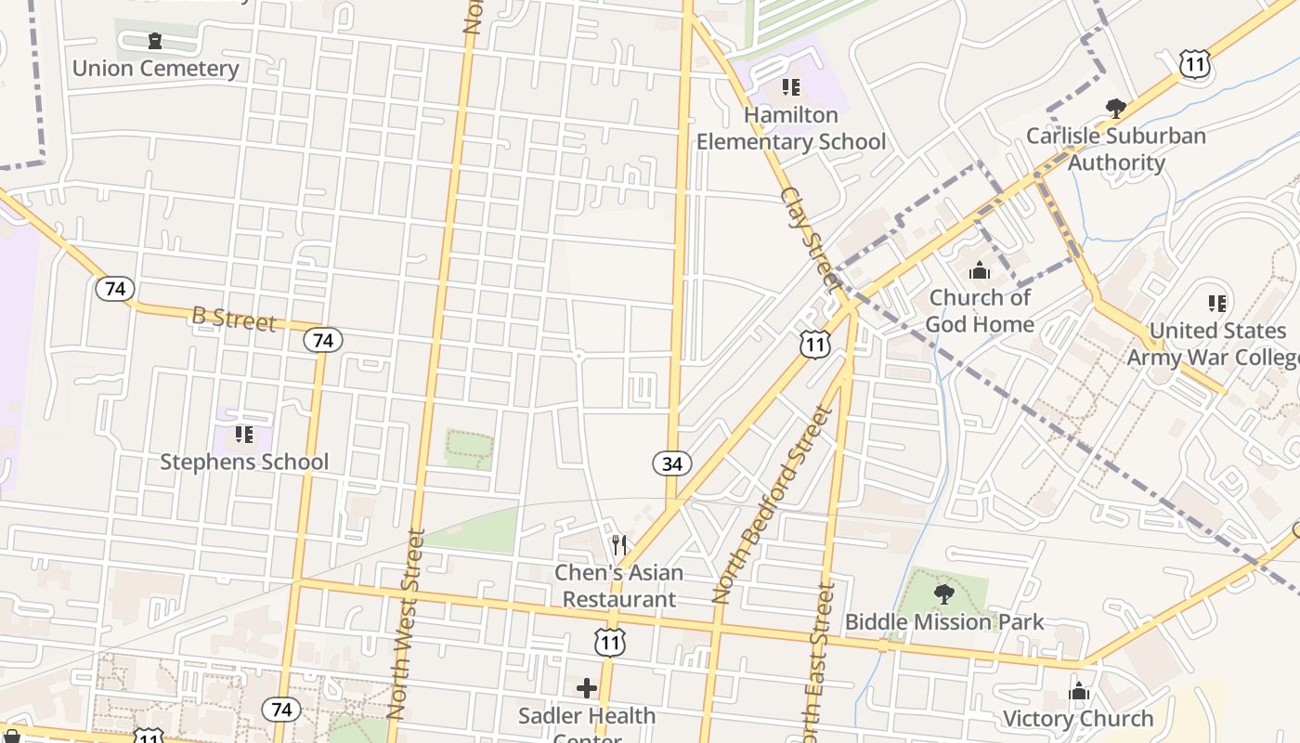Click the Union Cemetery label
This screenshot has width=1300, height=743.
coord(155,69)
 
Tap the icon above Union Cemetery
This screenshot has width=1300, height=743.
coord(155,41)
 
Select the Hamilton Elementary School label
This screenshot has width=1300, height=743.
coord(791,129)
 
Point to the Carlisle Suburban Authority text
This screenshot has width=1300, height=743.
coord(1115,149)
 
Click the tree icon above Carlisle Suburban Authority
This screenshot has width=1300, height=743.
coord(1115,108)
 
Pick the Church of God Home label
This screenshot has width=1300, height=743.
coord(980,311)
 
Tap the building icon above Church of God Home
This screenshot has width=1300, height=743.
coord(979,271)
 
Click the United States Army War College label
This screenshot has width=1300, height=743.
coord(1217,345)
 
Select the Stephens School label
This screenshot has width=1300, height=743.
coord(244,462)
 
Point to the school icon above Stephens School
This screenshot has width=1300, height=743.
coord(244,434)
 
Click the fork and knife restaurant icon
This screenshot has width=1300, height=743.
coord(619,544)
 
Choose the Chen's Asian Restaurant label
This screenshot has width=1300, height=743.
coord(619,586)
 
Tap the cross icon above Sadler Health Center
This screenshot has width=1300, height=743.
coord(587,688)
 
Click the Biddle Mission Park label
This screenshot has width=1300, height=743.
coord(944,621)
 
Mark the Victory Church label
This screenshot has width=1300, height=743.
coord(1078,719)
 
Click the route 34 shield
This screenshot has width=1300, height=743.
coord(671,463)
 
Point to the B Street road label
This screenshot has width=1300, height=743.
coord(234,319)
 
